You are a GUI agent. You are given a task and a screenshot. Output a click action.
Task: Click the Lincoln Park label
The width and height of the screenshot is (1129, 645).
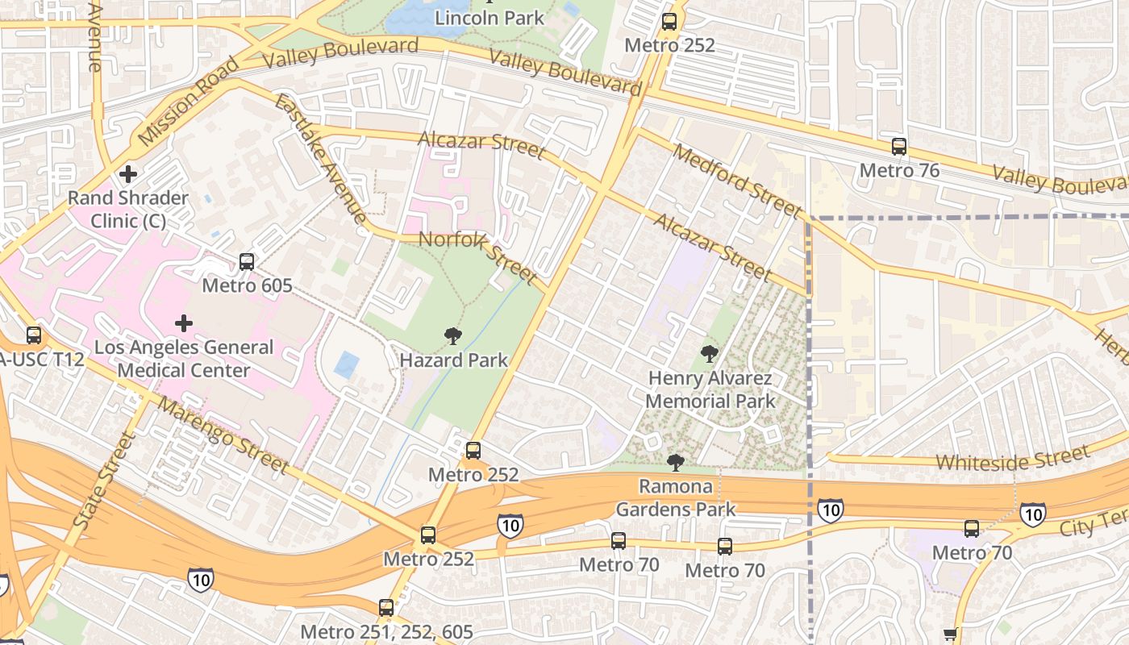point(490,17)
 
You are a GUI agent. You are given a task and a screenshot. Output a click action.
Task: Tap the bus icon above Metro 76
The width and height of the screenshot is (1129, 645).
point(899,147)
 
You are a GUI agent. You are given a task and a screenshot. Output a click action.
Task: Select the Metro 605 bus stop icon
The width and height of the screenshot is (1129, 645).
point(247,262)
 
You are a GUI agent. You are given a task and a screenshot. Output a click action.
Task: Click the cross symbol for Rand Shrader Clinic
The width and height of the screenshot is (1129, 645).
point(128,173)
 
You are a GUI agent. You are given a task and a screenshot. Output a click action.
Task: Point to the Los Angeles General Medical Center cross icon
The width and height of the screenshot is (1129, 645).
point(184,323)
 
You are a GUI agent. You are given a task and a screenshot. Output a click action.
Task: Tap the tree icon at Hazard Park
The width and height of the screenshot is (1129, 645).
point(453,336)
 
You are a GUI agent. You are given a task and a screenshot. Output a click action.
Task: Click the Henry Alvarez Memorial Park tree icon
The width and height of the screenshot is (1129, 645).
point(710,353)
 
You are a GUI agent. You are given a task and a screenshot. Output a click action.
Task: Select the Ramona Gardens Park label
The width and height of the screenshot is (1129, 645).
point(676,497)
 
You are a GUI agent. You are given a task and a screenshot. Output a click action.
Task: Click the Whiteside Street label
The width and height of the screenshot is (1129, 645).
point(1013,460)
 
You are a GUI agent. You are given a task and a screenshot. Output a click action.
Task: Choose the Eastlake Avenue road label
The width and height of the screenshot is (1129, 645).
point(320,158)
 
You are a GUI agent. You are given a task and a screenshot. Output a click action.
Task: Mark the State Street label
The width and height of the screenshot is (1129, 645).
point(104,480)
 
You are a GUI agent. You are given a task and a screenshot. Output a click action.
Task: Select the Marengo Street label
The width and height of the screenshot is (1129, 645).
point(223,435)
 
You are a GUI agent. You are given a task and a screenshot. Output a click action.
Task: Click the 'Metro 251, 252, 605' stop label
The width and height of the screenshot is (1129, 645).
point(386,631)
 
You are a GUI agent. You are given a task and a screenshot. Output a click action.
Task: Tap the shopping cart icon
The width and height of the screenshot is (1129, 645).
point(951,635)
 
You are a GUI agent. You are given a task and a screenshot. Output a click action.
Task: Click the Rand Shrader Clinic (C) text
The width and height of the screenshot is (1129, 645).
point(128,209)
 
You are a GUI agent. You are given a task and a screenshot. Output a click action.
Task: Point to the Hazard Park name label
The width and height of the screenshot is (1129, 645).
point(454,360)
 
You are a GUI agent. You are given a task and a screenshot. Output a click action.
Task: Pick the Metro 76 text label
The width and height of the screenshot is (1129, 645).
point(899,170)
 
